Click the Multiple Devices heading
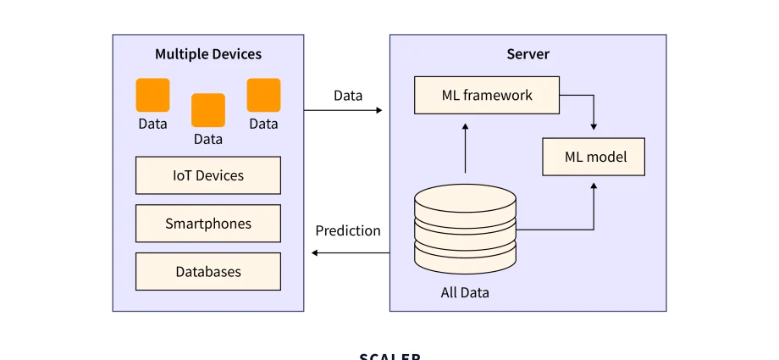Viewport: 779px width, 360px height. coord(207,54)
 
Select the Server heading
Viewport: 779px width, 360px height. coord(528,54)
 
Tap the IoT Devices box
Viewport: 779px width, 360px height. coord(207,175)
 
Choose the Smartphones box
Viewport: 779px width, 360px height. coord(207,224)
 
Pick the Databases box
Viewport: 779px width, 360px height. coord(207,272)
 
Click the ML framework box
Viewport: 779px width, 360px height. coord(487,95)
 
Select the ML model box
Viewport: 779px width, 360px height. coord(594,157)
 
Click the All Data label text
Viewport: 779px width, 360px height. coord(465,293)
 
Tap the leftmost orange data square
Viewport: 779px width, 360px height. coord(152,96)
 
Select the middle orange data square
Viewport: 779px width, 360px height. coord(208,110)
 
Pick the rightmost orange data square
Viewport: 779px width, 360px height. coord(263,96)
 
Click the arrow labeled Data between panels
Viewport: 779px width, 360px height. coord(343,110)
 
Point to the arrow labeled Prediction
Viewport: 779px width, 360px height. coord(350,252)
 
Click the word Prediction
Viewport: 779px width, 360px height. coord(348,230)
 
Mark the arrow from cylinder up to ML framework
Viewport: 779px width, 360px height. coord(465,148)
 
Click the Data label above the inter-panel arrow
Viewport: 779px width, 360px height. coord(348,95)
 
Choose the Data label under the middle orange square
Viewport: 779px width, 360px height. coord(208,139)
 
